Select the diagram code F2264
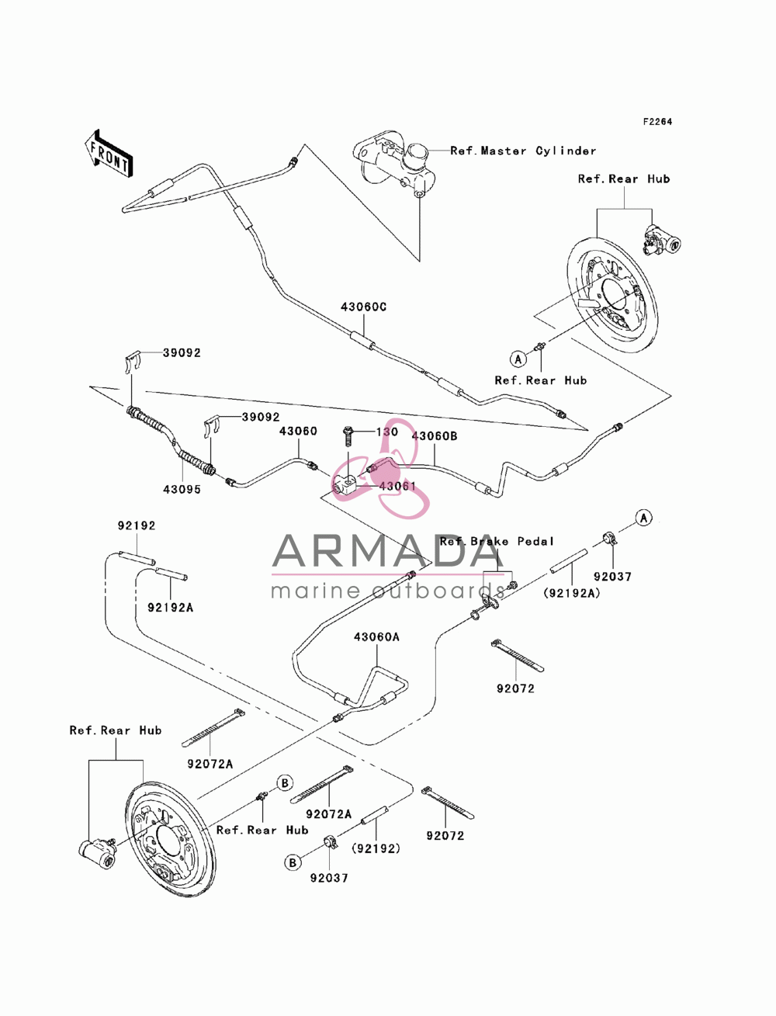click(x=657, y=122)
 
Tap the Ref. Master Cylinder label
click(x=523, y=151)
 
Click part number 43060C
click(x=364, y=307)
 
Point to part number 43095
click(x=182, y=489)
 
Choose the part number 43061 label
click(x=397, y=486)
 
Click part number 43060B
click(x=435, y=436)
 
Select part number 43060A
click(x=376, y=637)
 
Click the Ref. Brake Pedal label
click(x=497, y=541)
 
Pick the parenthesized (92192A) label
click(x=571, y=593)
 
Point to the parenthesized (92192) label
click(x=376, y=848)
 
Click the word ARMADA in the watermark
click(x=383, y=550)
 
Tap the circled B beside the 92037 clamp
click(x=293, y=863)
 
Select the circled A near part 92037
click(x=643, y=518)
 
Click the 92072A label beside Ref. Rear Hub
click(x=210, y=764)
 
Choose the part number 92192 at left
click(x=137, y=525)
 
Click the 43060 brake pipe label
click(x=299, y=431)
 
